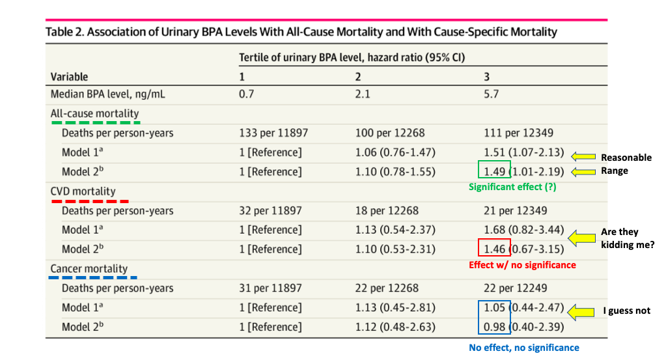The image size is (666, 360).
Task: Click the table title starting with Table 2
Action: (x=301, y=31)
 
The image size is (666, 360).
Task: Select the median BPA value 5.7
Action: (x=491, y=94)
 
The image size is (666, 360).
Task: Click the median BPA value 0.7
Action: (x=247, y=94)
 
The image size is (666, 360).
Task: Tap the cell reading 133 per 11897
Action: (x=273, y=133)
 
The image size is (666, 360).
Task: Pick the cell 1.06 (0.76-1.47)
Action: (x=395, y=152)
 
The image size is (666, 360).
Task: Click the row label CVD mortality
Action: (x=83, y=191)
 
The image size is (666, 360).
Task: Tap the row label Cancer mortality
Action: (x=89, y=268)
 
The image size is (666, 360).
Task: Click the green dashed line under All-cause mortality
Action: (x=95, y=122)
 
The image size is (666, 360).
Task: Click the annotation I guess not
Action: (x=626, y=311)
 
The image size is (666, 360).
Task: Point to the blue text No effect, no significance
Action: (x=523, y=348)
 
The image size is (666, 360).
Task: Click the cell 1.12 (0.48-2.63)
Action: (x=395, y=327)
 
